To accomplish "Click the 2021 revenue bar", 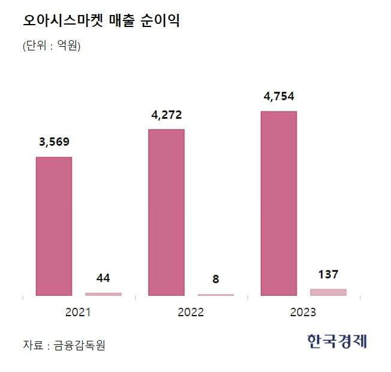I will tap(54, 226).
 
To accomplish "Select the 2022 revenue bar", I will tap(166, 212).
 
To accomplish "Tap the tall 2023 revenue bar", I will tap(279, 203).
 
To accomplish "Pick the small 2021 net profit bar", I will tap(103, 294).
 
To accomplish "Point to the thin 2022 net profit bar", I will tap(216, 295).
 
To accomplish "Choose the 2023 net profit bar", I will tap(328, 292).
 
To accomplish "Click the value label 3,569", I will tap(53, 142).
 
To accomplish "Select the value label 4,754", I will tap(278, 96).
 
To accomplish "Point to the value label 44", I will tap(103, 278).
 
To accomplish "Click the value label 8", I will tap(216, 279).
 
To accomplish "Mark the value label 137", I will tap(328, 274).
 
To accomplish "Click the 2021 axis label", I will tap(77, 313).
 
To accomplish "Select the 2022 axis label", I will tap(191, 313).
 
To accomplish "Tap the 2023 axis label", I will tap(303, 313).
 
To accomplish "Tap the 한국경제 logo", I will tap(336, 341).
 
